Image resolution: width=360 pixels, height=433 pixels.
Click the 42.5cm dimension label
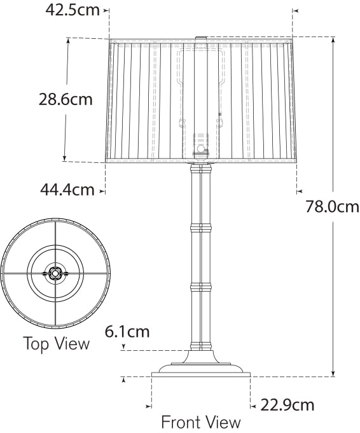[x=72, y=11]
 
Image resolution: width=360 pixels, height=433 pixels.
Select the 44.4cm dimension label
[x=67, y=189]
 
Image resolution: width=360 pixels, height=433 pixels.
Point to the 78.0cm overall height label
[x=332, y=207]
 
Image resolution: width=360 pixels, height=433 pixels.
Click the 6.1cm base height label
[x=127, y=332]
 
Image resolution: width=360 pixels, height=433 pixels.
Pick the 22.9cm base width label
[x=287, y=404]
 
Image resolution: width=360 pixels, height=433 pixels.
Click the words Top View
[x=57, y=344]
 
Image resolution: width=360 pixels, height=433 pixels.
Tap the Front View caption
[x=201, y=422]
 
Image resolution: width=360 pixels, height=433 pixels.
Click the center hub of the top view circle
[x=55, y=273]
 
